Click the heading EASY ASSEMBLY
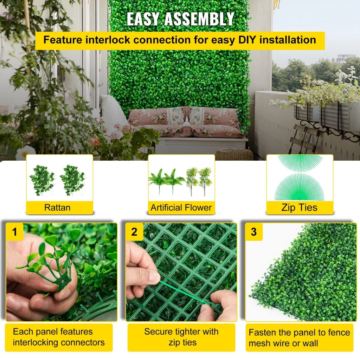click(180, 19)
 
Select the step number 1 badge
click(15, 232)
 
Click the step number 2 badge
click(134, 232)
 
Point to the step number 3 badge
click(254, 232)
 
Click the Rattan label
click(57, 207)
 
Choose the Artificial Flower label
click(181, 207)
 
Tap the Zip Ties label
click(300, 207)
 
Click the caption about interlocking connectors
click(59, 337)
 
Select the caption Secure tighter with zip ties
click(181, 337)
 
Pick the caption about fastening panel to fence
click(299, 337)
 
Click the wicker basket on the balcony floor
click(234, 155)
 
